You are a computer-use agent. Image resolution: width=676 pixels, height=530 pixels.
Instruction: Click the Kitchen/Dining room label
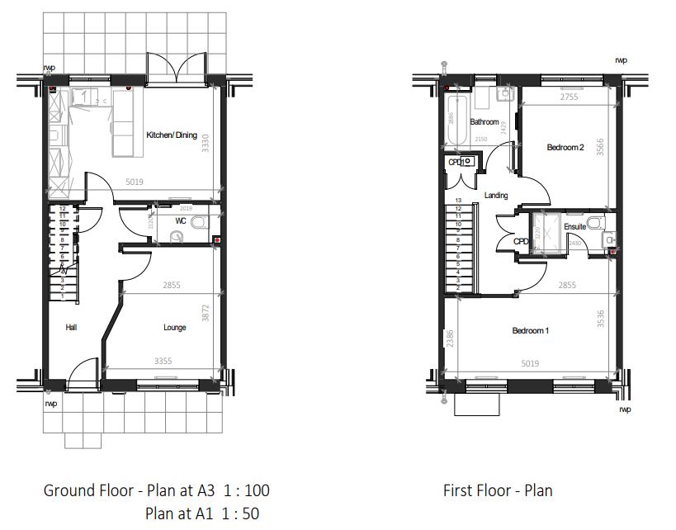pos(172,135)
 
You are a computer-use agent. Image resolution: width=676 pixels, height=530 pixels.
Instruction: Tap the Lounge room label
pos(174,328)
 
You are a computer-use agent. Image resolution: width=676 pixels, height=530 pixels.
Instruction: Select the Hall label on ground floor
pos(71,328)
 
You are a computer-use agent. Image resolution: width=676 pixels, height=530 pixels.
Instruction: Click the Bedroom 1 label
pos(530,331)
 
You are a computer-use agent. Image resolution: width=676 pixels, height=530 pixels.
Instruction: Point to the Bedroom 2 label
pos(565,148)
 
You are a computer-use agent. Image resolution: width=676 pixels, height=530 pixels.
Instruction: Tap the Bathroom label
pos(485,122)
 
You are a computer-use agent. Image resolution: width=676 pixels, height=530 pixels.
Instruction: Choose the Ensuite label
pos(575,226)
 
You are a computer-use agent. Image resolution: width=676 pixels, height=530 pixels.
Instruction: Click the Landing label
pos(496,196)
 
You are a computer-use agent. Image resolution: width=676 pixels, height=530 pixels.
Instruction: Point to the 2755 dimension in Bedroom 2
pos(570,97)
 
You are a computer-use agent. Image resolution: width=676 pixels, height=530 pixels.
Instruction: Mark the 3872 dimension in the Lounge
pos(206,314)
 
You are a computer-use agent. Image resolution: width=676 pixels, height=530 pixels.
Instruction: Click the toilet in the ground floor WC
pos(198,223)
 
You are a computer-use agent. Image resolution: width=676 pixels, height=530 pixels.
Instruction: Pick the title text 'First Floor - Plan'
pos(498,490)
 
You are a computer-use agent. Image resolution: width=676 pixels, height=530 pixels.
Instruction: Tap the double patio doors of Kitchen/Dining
pos(175,68)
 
